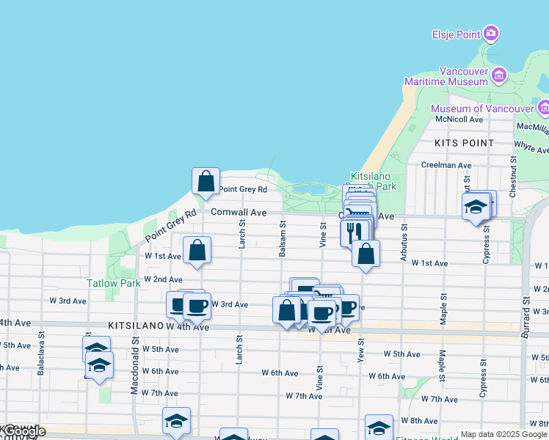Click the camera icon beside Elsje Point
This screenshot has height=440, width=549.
[x=491, y=33]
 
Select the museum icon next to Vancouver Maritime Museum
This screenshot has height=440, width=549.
[x=499, y=75]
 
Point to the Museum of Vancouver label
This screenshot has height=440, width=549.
[x=481, y=109]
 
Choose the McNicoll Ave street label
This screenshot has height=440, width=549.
[x=459, y=119]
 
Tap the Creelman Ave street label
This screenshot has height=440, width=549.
[x=446, y=166]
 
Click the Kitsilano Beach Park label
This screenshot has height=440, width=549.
[x=374, y=182]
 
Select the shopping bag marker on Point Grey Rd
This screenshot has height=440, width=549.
[x=206, y=180]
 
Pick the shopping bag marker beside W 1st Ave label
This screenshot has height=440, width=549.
[x=197, y=250]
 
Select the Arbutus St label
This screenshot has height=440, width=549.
[x=403, y=237]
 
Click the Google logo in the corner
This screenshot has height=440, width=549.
[x=23, y=432]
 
